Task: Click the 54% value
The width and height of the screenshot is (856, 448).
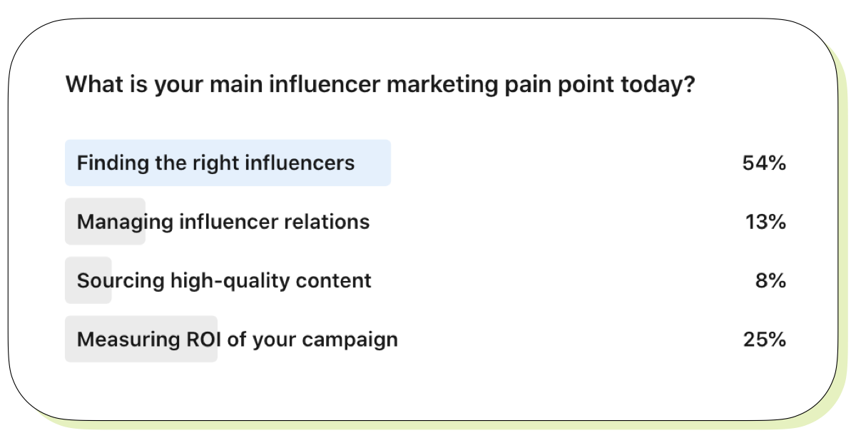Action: click(764, 163)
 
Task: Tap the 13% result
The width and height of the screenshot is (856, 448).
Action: click(765, 222)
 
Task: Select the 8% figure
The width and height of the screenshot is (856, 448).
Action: click(770, 281)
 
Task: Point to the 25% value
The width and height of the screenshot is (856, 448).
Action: click(764, 340)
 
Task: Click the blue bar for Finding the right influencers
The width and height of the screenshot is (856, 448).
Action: click(228, 163)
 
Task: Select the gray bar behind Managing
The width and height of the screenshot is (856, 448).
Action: click(105, 221)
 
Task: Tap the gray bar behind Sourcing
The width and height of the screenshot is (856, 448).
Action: click(88, 280)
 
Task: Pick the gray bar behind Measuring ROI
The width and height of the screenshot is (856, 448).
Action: click(141, 339)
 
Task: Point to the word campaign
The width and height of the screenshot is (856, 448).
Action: click(350, 340)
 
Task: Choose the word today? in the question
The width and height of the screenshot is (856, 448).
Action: click(658, 85)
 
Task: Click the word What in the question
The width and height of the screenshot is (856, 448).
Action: click(94, 84)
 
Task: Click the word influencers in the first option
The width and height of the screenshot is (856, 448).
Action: click(300, 163)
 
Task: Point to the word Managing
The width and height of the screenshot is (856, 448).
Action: click(125, 223)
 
